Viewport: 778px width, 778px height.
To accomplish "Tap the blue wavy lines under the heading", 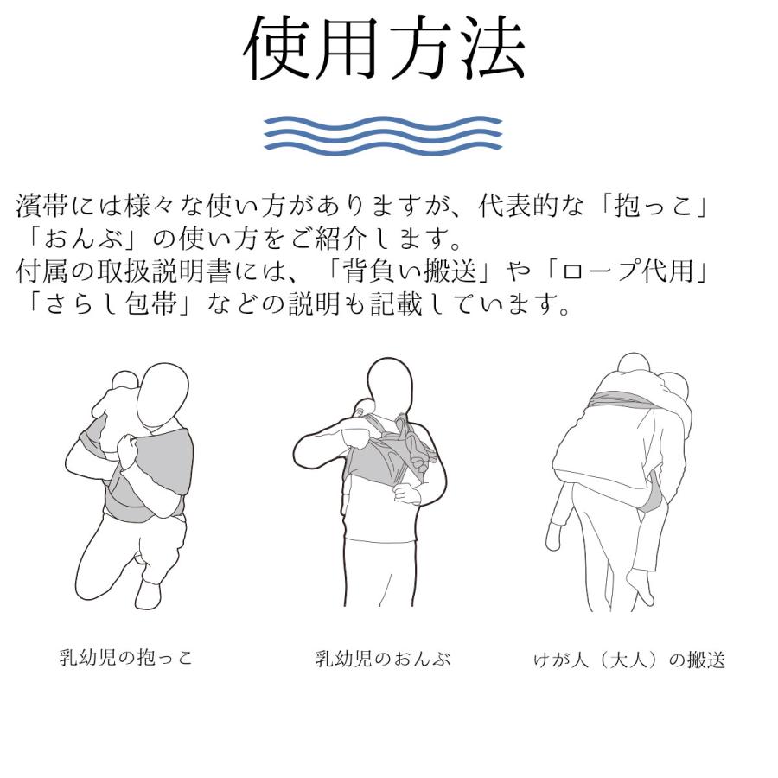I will click(x=383, y=134).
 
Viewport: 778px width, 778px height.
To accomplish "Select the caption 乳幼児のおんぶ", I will click(x=383, y=660).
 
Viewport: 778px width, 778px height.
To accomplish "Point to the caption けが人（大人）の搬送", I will click(x=628, y=661).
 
